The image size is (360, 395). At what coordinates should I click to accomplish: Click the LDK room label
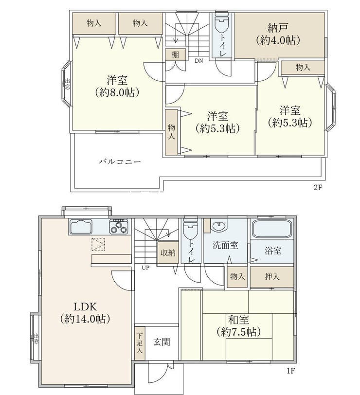pyautogui.click(x=85, y=307)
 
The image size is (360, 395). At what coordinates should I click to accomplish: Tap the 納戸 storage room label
pyautogui.click(x=278, y=28)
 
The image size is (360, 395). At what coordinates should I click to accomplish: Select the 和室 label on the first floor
pyautogui.click(x=238, y=320)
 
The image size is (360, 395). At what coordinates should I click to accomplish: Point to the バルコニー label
pyautogui.click(x=120, y=162)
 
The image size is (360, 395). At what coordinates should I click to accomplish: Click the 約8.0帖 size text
pyautogui.click(x=117, y=93)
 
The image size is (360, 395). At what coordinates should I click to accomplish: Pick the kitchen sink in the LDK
pyautogui.click(x=81, y=227)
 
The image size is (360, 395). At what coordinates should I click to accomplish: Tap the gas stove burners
pyautogui.click(x=119, y=227)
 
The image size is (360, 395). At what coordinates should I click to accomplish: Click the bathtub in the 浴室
pyautogui.click(x=272, y=229)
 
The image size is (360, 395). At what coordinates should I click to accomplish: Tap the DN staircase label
pyautogui.click(x=199, y=61)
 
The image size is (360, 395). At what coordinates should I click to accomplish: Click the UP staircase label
pyautogui.click(x=145, y=268)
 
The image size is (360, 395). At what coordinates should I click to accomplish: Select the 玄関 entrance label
pyautogui.click(x=162, y=342)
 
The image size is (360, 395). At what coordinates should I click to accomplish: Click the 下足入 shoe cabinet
pyautogui.click(x=140, y=343)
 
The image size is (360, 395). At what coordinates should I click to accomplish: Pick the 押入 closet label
pyautogui.click(x=272, y=277)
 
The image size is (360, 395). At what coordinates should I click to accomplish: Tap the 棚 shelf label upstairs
pyautogui.click(x=175, y=54)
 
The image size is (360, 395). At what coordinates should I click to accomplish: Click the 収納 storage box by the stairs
pyautogui.click(x=168, y=253)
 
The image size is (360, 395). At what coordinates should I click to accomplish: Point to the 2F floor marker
pyautogui.click(x=318, y=188)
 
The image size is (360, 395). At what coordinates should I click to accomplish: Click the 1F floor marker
pyautogui.click(x=290, y=371)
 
